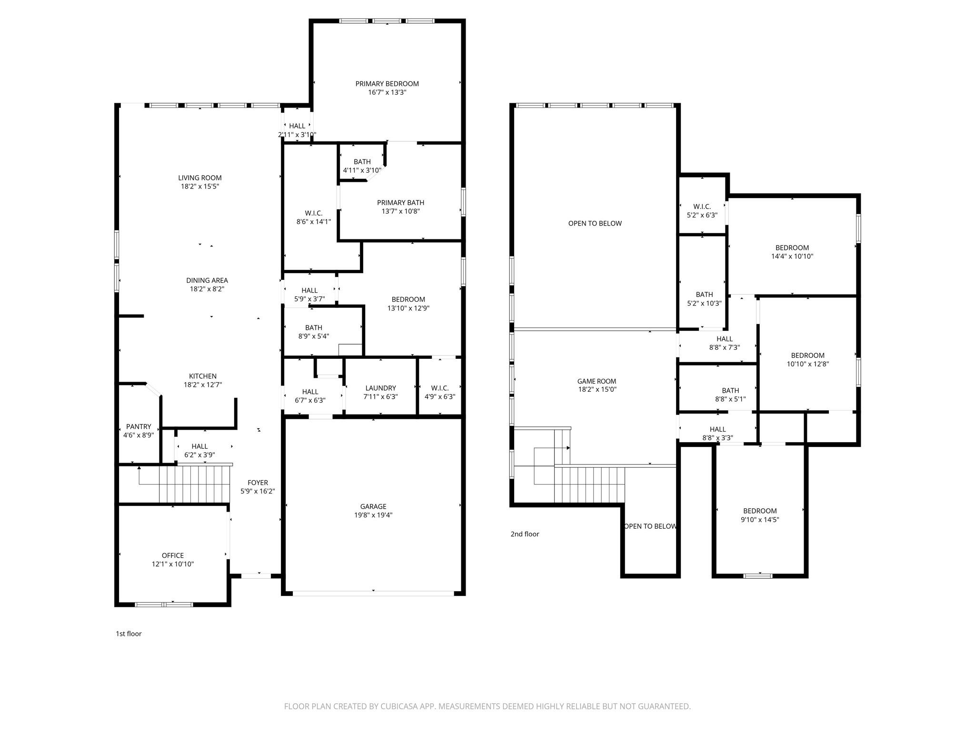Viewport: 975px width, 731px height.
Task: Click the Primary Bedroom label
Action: [x=387, y=84]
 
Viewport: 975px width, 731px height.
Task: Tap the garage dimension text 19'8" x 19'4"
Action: [x=373, y=515]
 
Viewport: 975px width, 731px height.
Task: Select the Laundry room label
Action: [x=380, y=388]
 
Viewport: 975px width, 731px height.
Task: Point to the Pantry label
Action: [x=139, y=426]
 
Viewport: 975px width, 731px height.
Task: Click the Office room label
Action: [x=172, y=555]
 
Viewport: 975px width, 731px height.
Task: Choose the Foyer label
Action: [x=258, y=483]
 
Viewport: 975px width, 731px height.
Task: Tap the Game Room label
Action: [x=597, y=381]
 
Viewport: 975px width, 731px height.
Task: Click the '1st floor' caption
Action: [x=129, y=633]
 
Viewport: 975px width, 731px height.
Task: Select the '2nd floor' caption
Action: [x=525, y=534]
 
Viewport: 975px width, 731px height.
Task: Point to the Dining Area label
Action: [x=207, y=280]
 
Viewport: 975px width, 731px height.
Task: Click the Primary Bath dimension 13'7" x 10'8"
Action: [x=400, y=211]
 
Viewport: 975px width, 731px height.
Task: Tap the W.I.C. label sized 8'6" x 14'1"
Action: [x=313, y=213]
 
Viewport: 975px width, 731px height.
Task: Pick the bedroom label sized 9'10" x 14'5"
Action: [x=760, y=511]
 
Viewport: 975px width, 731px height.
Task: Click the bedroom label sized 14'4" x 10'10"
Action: [x=792, y=247]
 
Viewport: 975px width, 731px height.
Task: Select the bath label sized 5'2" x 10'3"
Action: [x=704, y=295]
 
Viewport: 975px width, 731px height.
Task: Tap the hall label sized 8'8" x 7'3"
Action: [x=724, y=339]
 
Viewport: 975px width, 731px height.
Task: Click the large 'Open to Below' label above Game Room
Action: [x=595, y=223]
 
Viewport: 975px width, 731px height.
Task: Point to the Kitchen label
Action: [x=203, y=376]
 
